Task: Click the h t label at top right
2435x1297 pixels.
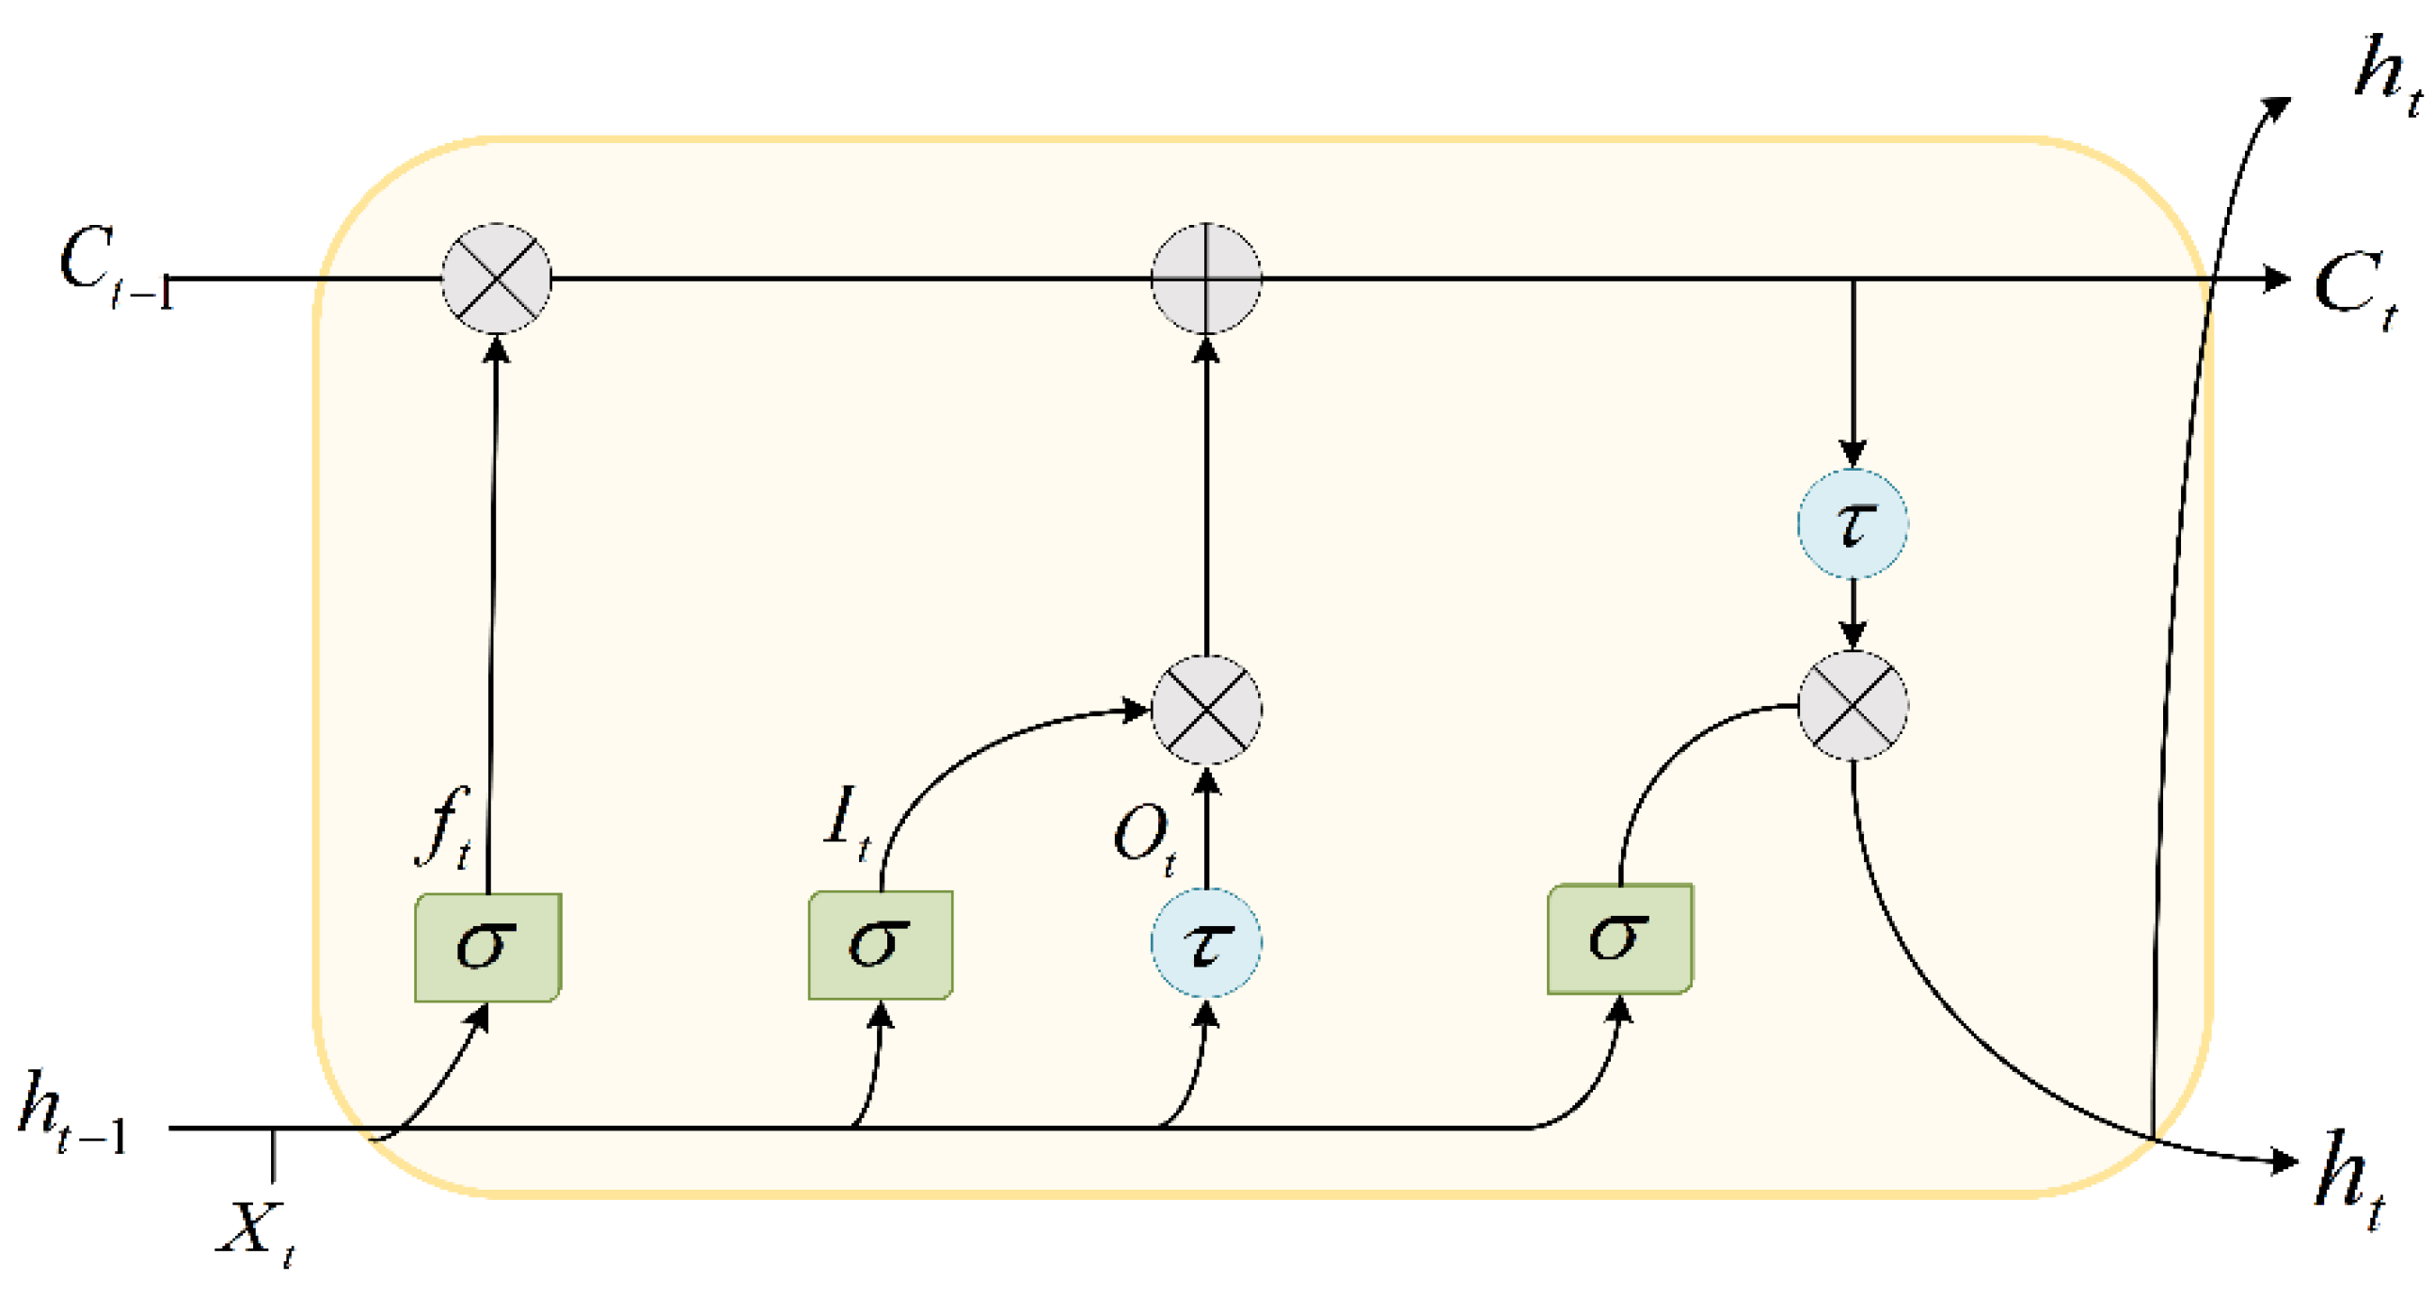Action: [2386, 73]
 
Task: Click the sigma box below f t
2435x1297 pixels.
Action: [487, 947]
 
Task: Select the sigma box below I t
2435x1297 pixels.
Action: [880, 944]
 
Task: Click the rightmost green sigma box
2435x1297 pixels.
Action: [1619, 938]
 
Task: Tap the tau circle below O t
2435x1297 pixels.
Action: [1205, 942]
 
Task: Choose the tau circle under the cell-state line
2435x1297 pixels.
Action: [1852, 523]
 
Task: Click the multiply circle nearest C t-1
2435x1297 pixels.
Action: [496, 279]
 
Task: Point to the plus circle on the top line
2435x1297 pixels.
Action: [1205, 279]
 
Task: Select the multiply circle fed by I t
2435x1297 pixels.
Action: [1205, 709]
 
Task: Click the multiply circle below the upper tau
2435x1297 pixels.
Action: [1852, 706]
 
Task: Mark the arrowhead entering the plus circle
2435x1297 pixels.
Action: [1205, 350]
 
